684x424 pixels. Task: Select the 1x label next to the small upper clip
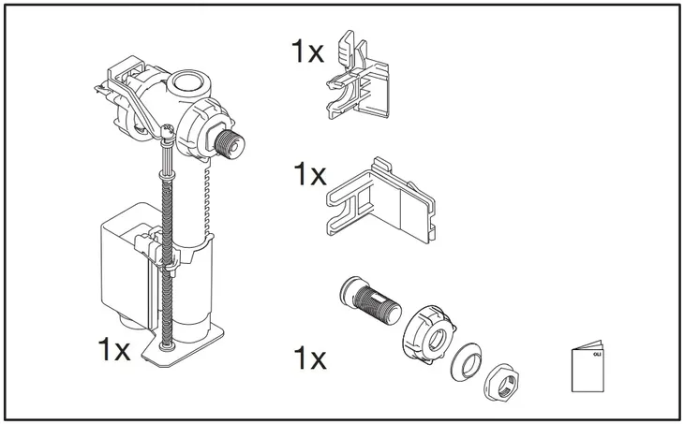306,51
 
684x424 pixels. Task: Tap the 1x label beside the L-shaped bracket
306,174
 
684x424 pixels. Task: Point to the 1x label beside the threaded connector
306,358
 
